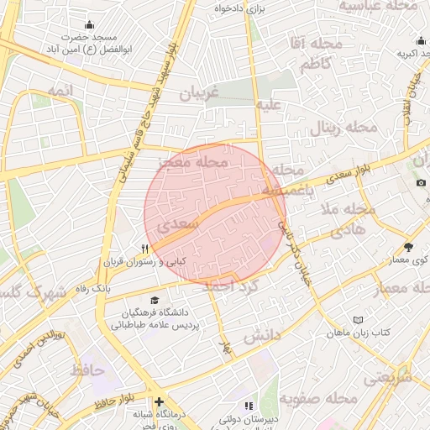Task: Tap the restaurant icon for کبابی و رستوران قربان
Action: pyautogui.click(x=145, y=249)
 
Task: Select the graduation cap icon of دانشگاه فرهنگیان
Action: pyautogui.click(x=154, y=300)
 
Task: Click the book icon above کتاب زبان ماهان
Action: pyautogui.click(x=359, y=320)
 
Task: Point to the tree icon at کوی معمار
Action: pyautogui.click(x=408, y=247)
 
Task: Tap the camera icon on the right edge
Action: pyautogui.click(x=421, y=182)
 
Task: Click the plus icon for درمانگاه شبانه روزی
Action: pyautogui.click(x=159, y=401)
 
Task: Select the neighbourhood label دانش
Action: pyautogui.click(x=261, y=337)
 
